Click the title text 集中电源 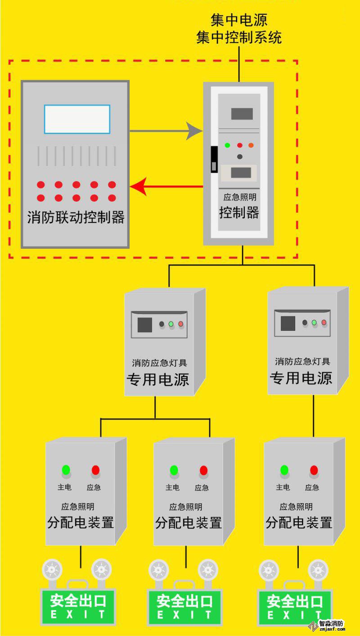239,20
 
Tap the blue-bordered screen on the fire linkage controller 77,119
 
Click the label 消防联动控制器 76,218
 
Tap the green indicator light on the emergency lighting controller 228,145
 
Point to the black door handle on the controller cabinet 214,159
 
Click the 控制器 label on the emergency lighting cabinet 239,212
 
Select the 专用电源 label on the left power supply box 158,379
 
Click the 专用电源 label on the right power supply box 301,378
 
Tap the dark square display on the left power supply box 144,325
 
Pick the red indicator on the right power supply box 324,322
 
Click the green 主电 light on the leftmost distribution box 66,470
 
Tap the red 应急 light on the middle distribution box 203,470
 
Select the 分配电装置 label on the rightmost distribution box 299,523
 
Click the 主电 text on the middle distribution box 172,487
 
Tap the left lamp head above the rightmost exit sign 269,569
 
